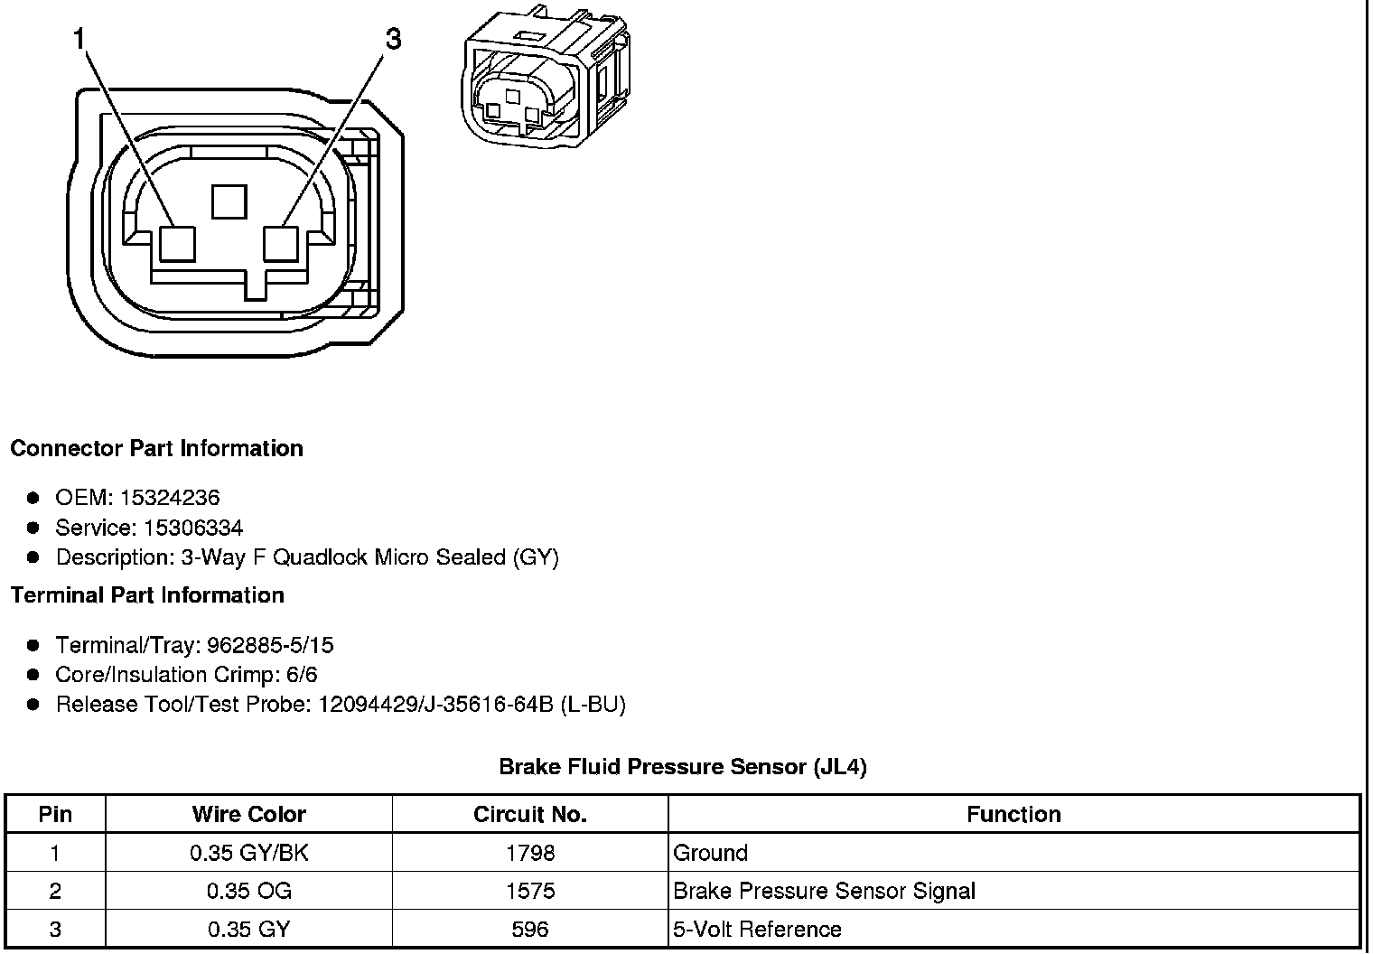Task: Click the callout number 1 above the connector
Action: pos(79,39)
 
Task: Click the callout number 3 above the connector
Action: pos(393,39)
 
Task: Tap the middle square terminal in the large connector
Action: pos(229,201)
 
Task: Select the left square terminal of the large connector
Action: pos(176,243)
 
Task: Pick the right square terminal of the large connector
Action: pos(281,243)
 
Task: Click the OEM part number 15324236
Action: pos(170,498)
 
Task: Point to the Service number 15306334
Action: pos(193,528)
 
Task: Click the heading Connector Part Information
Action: pos(156,449)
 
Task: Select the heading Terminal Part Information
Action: pos(147,595)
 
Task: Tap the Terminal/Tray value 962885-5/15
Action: pos(270,645)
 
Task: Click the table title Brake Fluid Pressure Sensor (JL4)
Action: pos(683,767)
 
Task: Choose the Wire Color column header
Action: pos(248,814)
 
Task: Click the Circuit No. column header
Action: pos(530,814)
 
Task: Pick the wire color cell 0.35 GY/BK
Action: pos(248,853)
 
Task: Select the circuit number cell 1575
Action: pos(530,892)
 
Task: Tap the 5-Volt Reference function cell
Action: pos(757,930)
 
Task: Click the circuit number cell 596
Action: pos(530,930)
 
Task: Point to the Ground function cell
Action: pos(711,853)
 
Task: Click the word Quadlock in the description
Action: pos(319,557)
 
